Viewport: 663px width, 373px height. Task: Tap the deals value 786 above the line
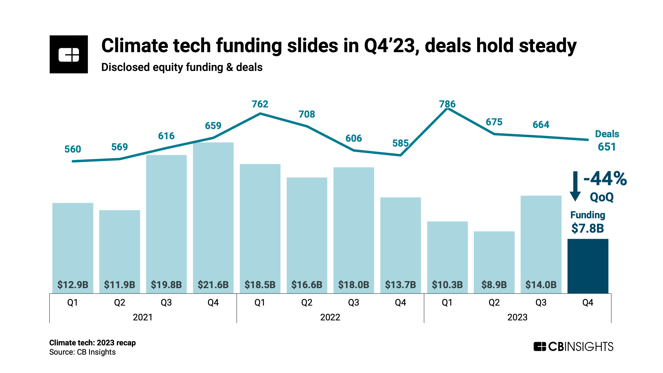[x=447, y=104]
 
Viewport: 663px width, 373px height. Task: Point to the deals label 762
[x=260, y=104]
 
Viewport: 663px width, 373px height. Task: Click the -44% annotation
[x=605, y=179]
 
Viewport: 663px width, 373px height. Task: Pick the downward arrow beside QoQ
[x=575, y=186]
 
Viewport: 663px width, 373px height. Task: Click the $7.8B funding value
[x=587, y=228]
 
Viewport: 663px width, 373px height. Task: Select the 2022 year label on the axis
[x=330, y=317]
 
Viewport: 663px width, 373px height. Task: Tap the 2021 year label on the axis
[x=143, y=317]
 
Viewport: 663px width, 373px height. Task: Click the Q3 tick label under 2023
[x=541, y=302]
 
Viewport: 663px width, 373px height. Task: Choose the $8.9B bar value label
[x=494, y=285]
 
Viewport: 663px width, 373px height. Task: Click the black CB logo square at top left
[x=69, y=54]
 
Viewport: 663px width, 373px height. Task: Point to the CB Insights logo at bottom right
[x=573, y=346]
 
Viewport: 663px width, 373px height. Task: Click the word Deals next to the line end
[x=607, y=134]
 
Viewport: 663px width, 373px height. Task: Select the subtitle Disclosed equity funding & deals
[x=182, y=67]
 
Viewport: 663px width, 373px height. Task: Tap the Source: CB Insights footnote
[x=82, y=352]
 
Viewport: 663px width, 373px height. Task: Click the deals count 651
[x=607, y=147]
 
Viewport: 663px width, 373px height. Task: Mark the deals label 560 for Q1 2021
[x=73, y=149]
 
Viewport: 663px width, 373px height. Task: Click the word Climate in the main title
[x=134, y=46]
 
